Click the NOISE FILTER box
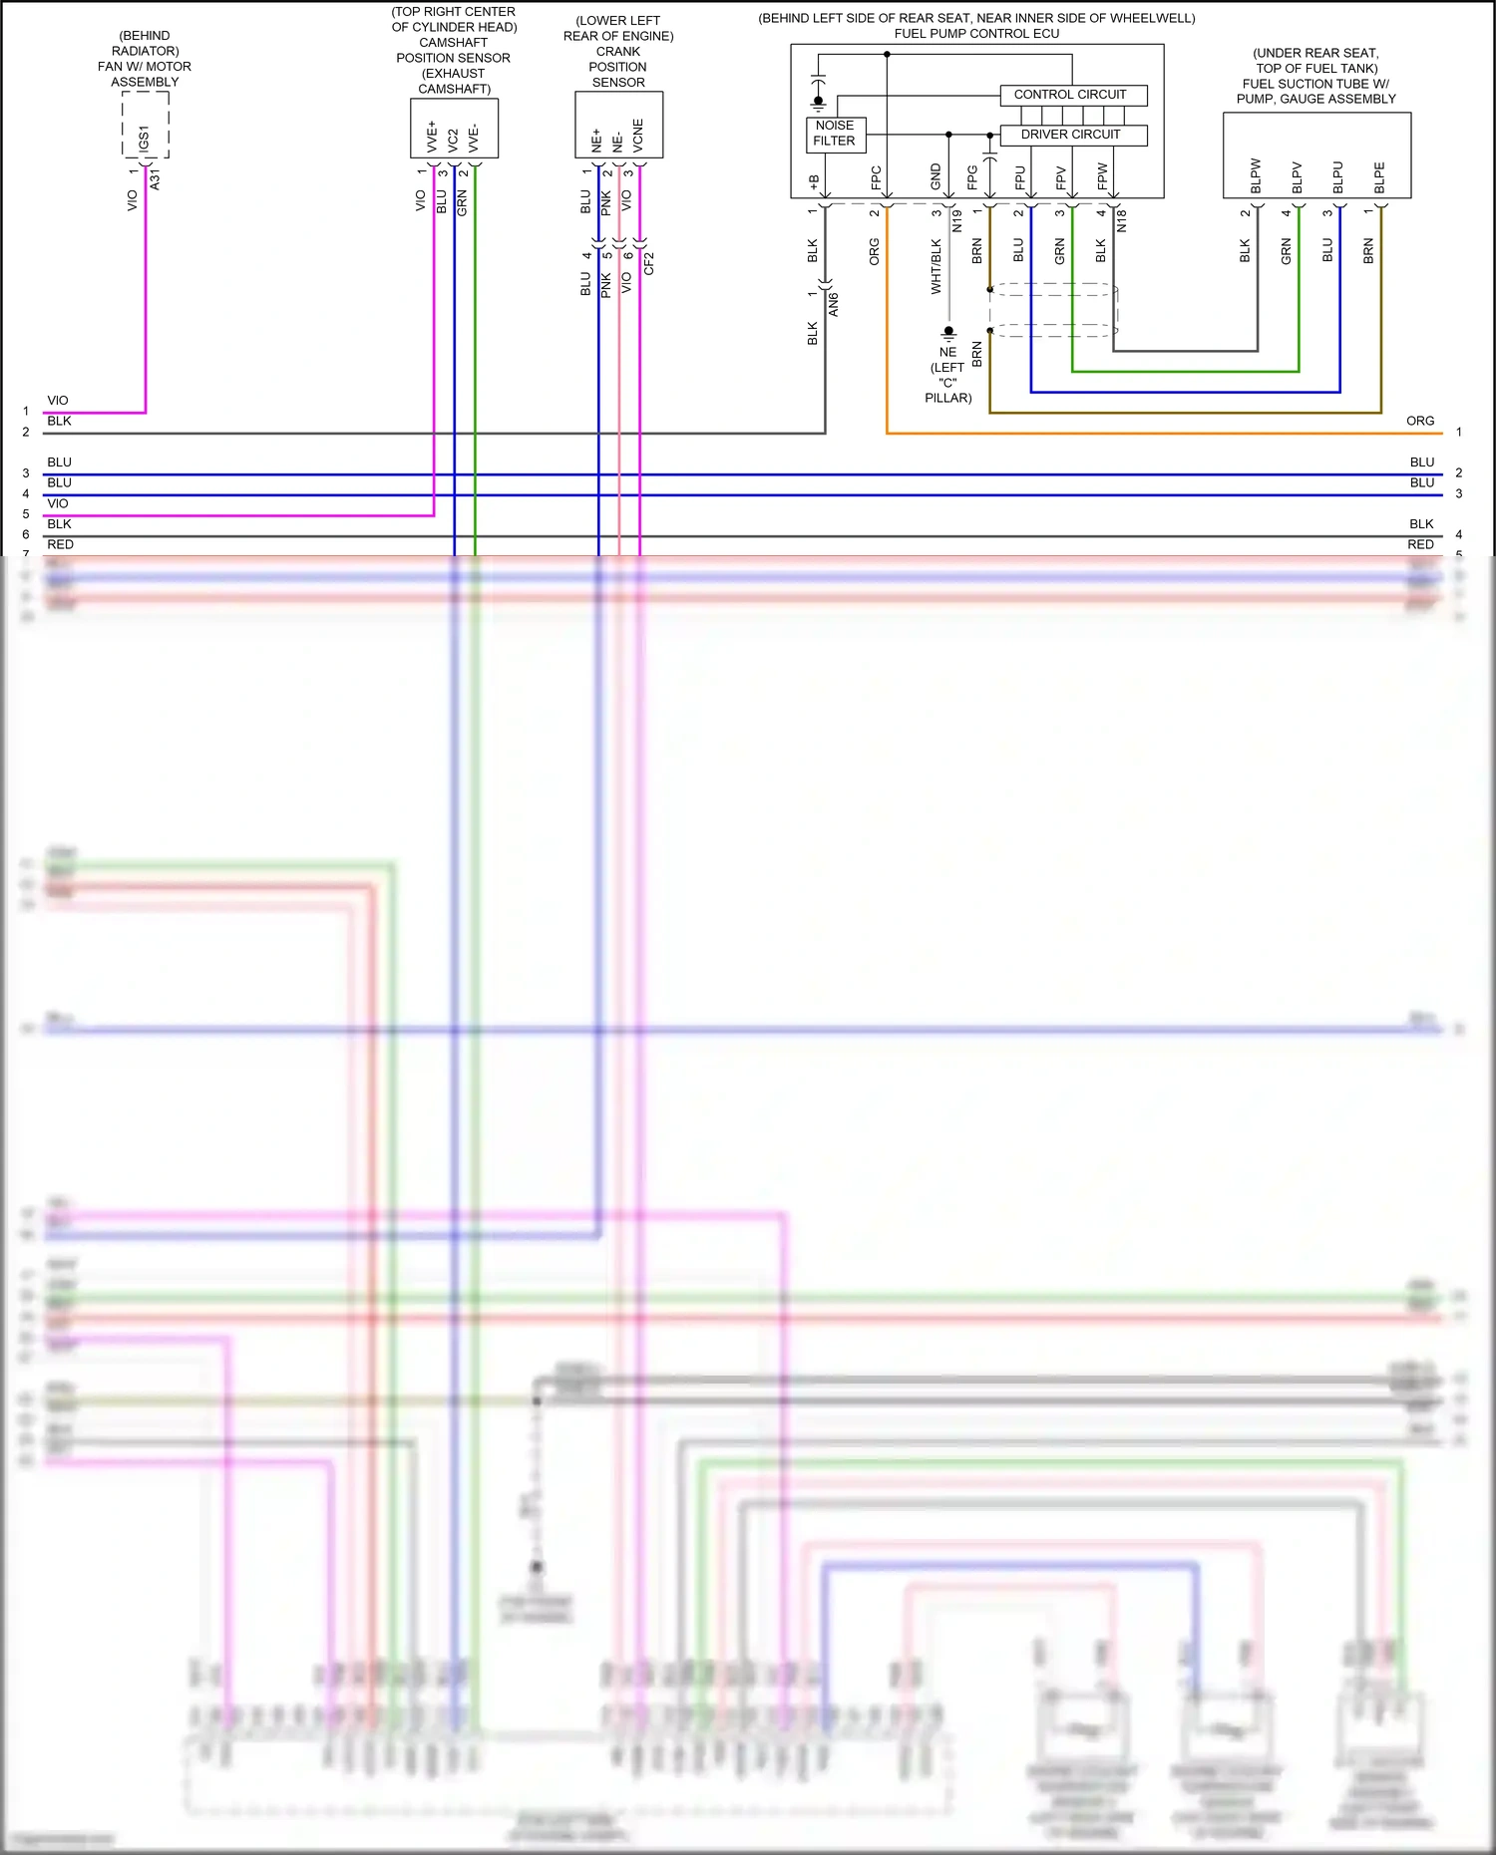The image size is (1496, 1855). [x=835, y=134]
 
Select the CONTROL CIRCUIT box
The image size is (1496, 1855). [x=1072, y=95]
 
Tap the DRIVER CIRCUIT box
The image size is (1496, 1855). [x=1072, y=135]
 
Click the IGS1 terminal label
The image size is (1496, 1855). [x=145, y=138]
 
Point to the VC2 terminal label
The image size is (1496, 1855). [x=454, y=139]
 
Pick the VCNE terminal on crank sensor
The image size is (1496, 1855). [x=638, y=135]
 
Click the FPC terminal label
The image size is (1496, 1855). [x=876, y=177]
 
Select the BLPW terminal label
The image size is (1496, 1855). [x=1256, y=175]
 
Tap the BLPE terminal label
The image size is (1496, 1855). [x=1379, y=177]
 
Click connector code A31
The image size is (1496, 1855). [x=155, y=179]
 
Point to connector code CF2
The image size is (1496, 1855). [x=649, y=263]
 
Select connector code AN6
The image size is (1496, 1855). [x=834, y=305]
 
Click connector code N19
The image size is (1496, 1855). [x=957, y=221]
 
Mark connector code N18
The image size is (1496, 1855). [x=1121, y=221]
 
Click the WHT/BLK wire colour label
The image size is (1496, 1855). [x=935, y=266]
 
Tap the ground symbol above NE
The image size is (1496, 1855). [x=948, y=333]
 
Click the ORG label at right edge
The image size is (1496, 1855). [x=1420, y=421]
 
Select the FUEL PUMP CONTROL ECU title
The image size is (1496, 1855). [x=976, y=34]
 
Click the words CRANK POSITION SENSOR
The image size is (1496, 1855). [x=618, y=67]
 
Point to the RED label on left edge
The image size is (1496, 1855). [x=60, y=544]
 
